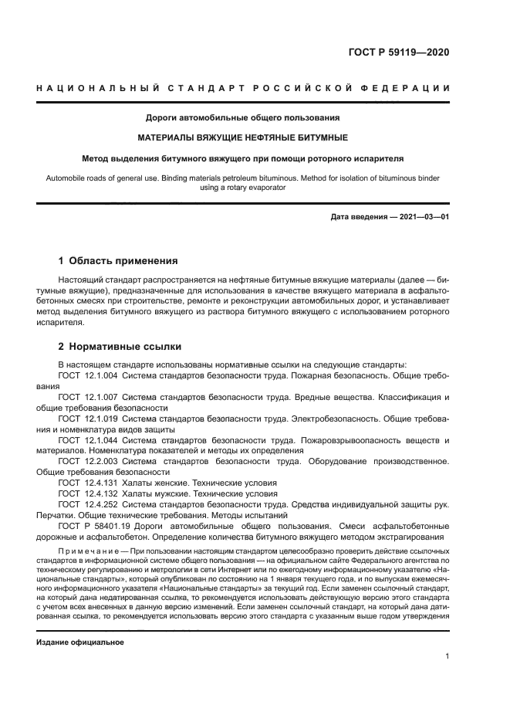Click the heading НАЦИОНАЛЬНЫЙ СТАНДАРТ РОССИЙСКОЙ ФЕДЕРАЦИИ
coord(243,88)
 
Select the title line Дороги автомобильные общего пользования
coord(243,118)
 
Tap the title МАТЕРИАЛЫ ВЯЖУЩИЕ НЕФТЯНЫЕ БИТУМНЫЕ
coord(243,138)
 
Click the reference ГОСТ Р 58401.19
coord(94,525)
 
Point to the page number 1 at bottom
coord(447,656)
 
